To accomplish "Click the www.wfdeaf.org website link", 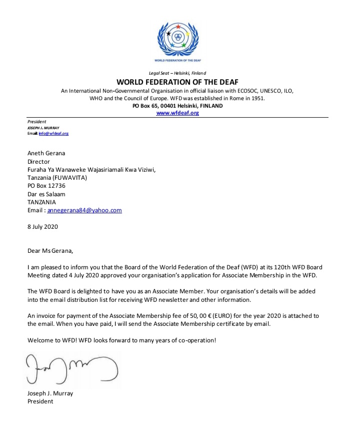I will pos(178,113).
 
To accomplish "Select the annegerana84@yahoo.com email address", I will pos(84,210).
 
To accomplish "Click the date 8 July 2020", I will pos(43,226).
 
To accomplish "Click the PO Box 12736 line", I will pos(46,186).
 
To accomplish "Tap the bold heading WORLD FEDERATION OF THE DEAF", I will pos(177,82).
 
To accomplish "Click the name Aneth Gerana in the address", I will pos(46,154).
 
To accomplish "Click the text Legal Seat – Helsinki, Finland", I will pos(177,74).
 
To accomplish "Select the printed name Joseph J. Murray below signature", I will pos(50,393).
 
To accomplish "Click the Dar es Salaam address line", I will pos(46,194).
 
